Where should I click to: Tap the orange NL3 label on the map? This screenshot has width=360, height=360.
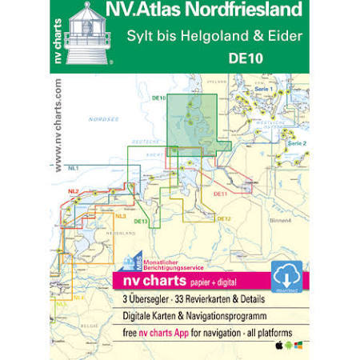[120, 216]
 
